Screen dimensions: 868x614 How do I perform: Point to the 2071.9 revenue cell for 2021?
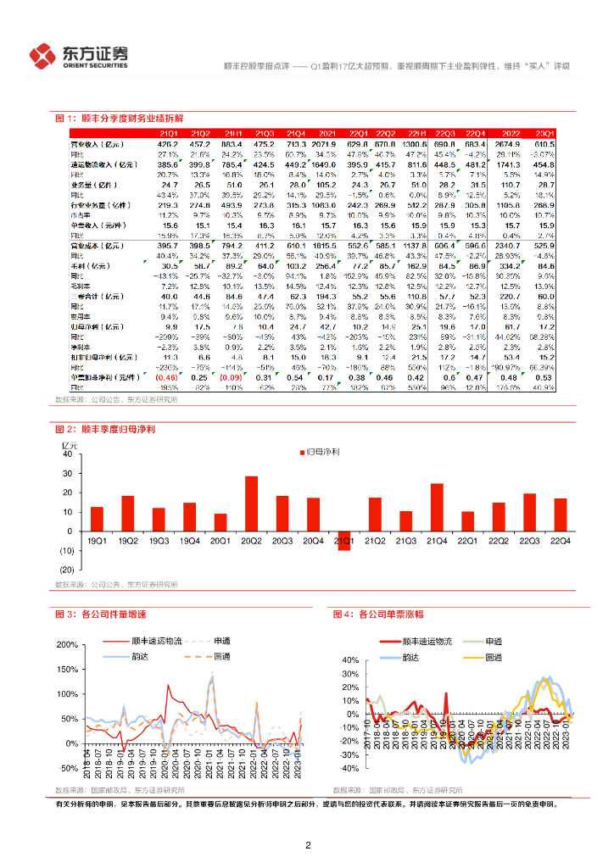[326, 145]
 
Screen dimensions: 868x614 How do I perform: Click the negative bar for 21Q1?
[343, 538]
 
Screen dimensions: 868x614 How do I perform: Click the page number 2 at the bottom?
[308, 845]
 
